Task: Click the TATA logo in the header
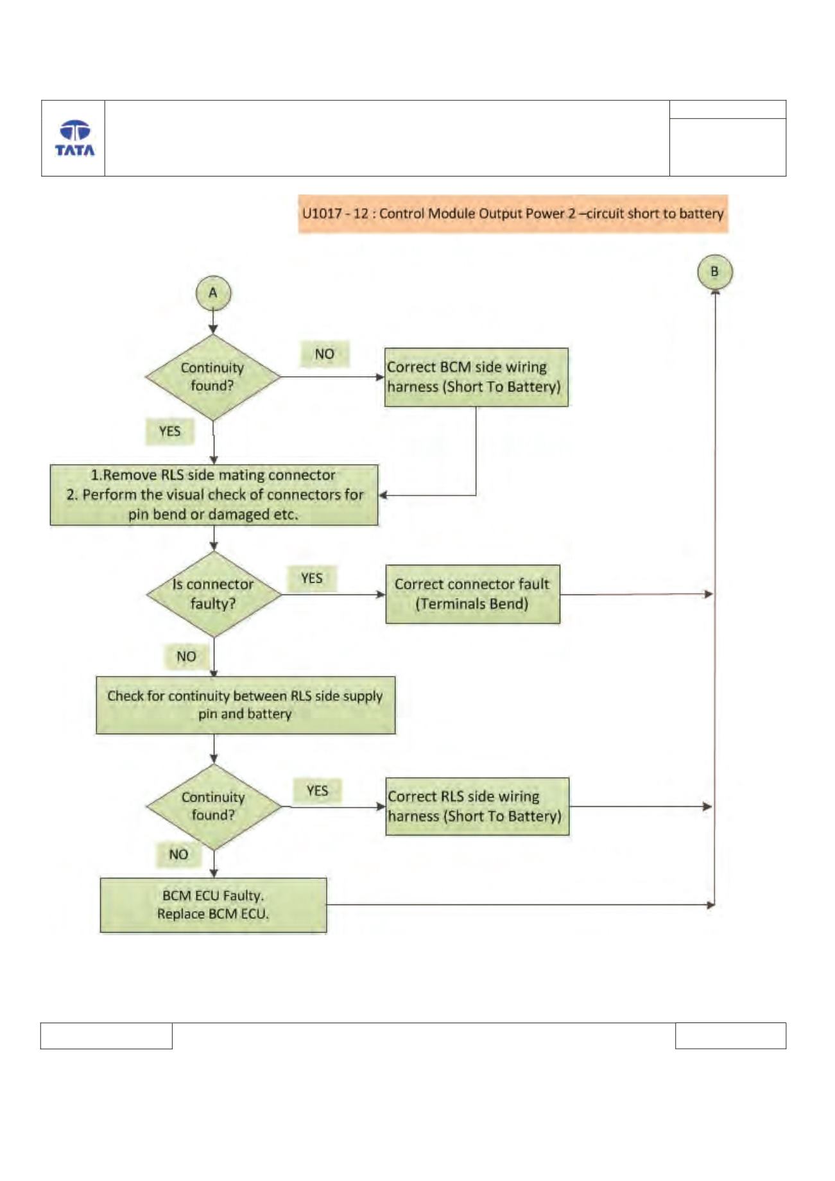74,138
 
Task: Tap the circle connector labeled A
213,293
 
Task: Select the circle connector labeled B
714,272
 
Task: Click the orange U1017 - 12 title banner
513,213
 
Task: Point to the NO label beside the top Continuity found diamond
324,354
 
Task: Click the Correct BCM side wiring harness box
476,377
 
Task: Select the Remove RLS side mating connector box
214,495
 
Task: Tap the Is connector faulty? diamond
214,594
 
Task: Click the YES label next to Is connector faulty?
312,578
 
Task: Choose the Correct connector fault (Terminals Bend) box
472,594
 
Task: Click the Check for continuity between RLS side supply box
246,705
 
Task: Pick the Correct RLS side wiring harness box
478,806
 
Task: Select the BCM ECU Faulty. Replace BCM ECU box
213,905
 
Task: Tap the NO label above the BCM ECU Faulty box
178,854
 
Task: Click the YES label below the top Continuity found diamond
169,431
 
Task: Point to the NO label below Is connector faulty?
186,656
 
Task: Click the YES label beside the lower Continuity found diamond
317,790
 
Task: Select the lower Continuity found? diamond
214,807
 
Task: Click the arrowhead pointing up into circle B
714,293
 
